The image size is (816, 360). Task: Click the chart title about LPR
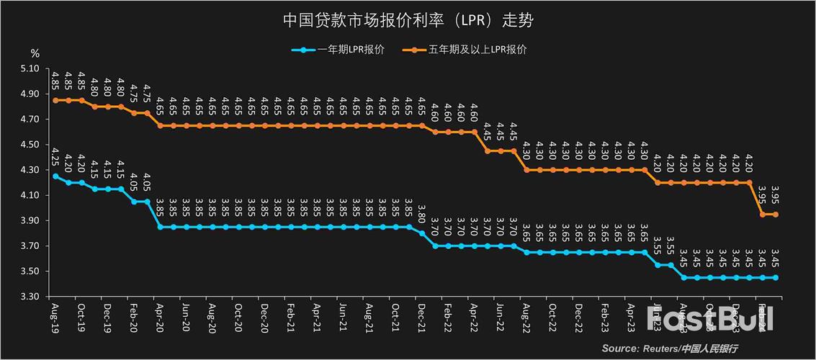point(408,19)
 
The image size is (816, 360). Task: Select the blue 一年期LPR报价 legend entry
point(338,50)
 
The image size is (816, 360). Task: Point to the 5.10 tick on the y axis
point(30,68)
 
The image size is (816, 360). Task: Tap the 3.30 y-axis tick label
point(30,297)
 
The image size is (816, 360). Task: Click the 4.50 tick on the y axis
point(30,145)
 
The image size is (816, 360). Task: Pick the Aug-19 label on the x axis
point(55,317)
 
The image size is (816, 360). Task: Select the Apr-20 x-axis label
point(160,317)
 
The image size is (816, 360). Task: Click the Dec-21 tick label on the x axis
point(422,317)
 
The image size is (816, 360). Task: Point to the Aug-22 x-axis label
point(526,317)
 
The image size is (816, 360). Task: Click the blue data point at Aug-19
point(55,176)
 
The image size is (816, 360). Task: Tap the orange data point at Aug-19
point(55,100)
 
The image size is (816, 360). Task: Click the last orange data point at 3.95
point(776,214)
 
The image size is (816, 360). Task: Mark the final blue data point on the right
point(776,277)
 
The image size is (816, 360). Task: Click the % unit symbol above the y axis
point(35,53)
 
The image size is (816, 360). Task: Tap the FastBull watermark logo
point(709,318)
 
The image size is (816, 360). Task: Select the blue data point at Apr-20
point(160,227)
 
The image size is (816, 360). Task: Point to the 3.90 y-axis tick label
point(30,220)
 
